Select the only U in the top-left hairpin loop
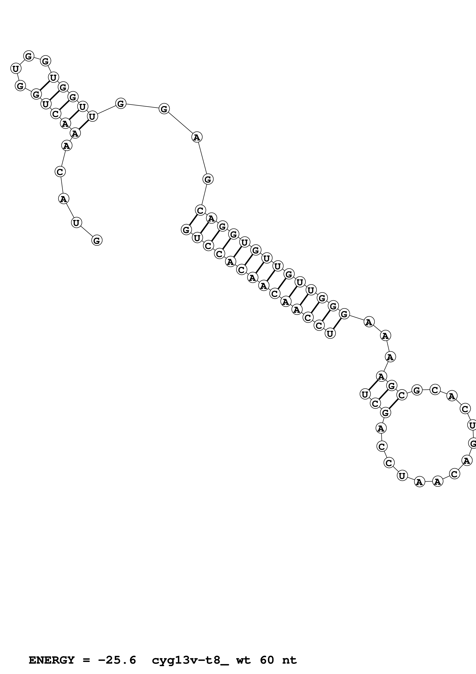coord(16,69)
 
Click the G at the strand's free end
coord(97,240)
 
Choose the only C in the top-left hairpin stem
coord(55,114)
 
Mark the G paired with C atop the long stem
coord(186,230)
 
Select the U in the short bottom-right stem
coord(365,394)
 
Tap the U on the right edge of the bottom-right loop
coord(472,425)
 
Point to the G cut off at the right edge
coord(473,443)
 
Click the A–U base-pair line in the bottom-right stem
coord(373,385)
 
